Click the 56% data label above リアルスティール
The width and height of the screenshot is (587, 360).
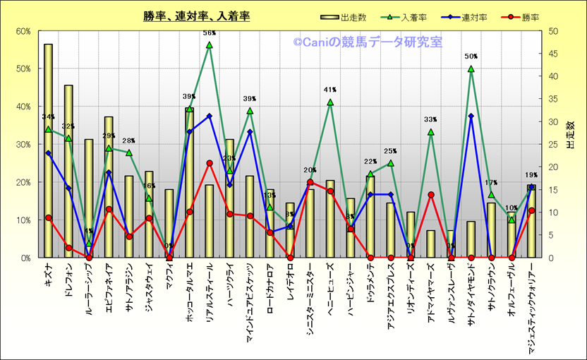pos(210,33)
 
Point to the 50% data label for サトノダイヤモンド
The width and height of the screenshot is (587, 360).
pos(471,56)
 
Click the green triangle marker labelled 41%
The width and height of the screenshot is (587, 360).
pos(330,102)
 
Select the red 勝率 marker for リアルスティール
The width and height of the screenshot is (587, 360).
pos(210,163)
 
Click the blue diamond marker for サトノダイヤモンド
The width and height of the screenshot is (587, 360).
pos(471,116)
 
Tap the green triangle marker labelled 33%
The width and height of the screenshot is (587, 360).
pos(431,132)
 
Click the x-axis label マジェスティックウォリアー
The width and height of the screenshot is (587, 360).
pos(531,304)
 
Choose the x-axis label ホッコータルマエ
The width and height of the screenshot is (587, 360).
pos(189,292)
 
